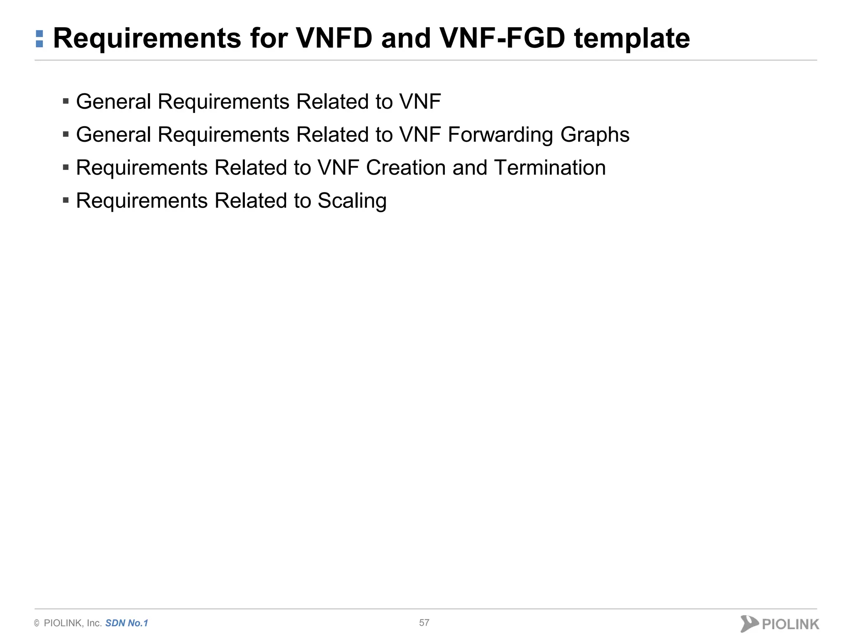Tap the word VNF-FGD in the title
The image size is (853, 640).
(x=502, y=38)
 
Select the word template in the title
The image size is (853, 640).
(x=632, y=38)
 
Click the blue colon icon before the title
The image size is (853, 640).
(x=40, y=39)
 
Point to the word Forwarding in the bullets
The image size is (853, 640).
(x=500, y=135)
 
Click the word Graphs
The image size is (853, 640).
(x=595, y=135)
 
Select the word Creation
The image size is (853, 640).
(x=406, y=168)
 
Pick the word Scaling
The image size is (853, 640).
(x=352, y=201)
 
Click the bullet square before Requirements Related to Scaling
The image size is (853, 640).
(x=66, y=200)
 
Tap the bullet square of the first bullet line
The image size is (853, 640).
(x=66, y=101)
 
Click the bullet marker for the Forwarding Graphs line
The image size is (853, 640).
(x=66, y=134)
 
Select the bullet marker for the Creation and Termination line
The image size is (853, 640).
(x=66, y=167)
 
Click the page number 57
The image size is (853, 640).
(x=424, y=622)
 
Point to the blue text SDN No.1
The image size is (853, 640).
(x=127, y=623)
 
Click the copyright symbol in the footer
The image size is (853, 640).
(x=37, y=623)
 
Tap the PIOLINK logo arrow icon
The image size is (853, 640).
(x=749, y=623)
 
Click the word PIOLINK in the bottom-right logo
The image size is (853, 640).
(x=790, y=624)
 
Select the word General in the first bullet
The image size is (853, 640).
(x=113, y=102)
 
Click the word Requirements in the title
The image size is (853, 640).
(x=147, y=38)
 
